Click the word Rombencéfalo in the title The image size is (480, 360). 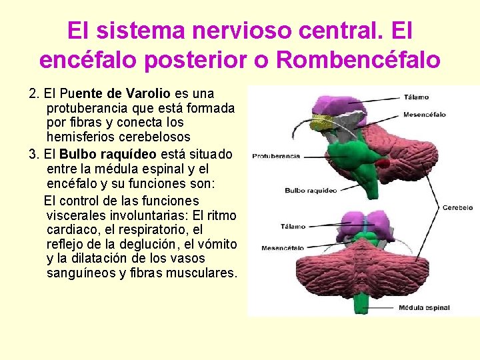point(358,59)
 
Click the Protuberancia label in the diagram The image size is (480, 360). point(276,157)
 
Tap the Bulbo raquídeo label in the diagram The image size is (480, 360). point(311,190)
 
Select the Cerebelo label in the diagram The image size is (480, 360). point(457,207)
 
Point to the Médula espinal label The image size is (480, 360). point(424,308)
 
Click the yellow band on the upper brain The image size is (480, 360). point(323,121)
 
